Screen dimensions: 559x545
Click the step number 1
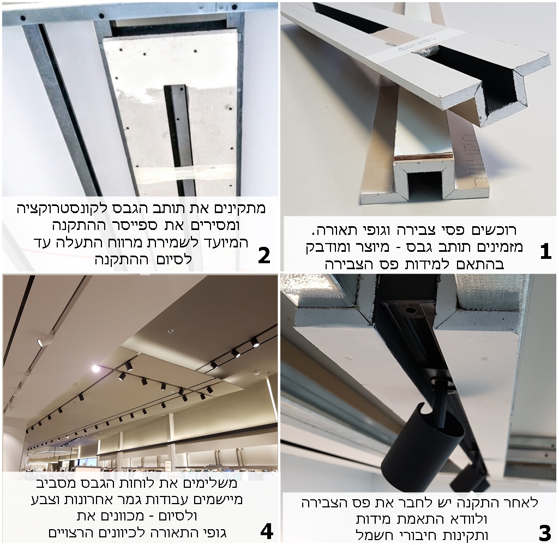[x=545, y=252]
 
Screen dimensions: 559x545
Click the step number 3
[x=544, y=533]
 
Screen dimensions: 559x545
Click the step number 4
[x=267, y=532]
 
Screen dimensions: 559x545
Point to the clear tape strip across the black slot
[x=185, y=173]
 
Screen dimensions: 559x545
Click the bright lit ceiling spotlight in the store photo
[x=95, y=368]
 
